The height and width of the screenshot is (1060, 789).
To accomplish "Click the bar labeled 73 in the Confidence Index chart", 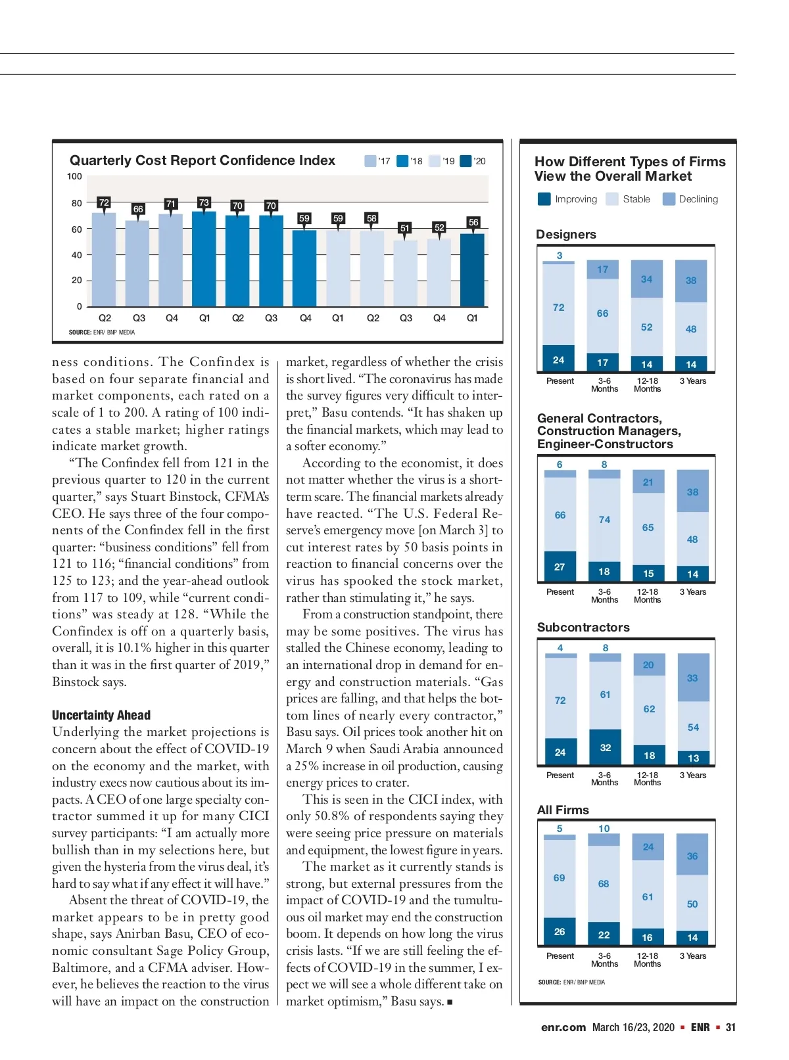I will pyautogui.click(x=204, y=260).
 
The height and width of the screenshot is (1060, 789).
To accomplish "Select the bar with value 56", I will pyautogui.click(x=472, y=270).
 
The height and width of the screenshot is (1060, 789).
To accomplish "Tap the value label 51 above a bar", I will pyautogui.click(x=404, y=228).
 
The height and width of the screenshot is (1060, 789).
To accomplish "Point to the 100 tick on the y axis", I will pyautogui.click(x=74, y=176).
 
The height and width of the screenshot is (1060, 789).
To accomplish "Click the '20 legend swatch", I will pyautogui.click(x=466, y=161).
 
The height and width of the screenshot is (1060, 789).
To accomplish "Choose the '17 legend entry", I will pyautogui.click(x=377, y=161).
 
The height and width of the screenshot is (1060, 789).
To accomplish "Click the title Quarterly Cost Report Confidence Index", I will pyautogui.click(x=203, y=160).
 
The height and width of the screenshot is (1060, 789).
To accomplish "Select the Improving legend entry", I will pyautogui.click(x=567, y=199).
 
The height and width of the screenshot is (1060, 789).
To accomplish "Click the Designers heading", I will pyautogui.click(x=566, y=235).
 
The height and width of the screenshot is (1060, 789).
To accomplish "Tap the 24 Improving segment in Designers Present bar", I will pyautogui.click(x=558, y=359).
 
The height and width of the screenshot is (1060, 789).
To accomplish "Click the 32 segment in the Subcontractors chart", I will pyautogui.click(x=605, y=747).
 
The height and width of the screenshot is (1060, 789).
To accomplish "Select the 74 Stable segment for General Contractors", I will pyautogui.click(x=604, y=520).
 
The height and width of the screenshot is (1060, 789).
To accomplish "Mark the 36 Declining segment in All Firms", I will pyautogui.click(x=692, y=855).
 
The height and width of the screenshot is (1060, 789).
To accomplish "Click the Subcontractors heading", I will pyautogui.click(x=583, y=628).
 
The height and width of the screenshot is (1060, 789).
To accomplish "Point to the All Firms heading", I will pyautogui.click(x=563, y=810).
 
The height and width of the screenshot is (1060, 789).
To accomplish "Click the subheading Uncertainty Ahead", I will pyautogui.click(x=101, y=715).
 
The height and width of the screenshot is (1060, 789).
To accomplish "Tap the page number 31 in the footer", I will pyautogui.click(x=730, y=1027).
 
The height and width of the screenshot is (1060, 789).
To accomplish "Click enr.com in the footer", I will pyautogui.click(x=563, y=1027).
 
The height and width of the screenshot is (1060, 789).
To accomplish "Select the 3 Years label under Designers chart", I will pyautogui.click(x=693, y=381).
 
